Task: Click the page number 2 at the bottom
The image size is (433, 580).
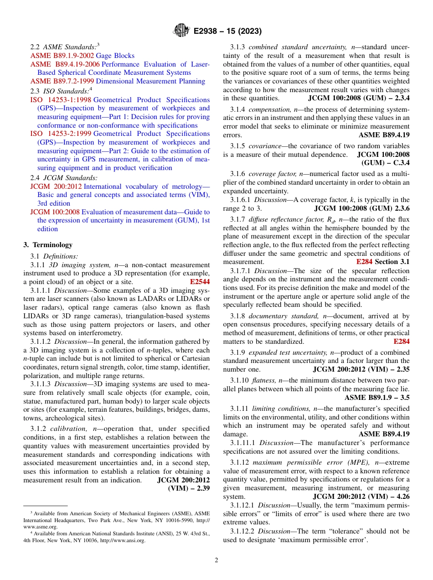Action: pos(216,560)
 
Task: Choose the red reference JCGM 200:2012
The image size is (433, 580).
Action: pos(56,186)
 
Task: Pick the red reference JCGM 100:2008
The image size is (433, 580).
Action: pos(55,212)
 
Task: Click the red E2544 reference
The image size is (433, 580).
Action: pos(200,282)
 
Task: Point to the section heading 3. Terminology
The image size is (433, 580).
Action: pos(48,245)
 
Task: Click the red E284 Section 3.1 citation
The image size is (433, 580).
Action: pos(383,262)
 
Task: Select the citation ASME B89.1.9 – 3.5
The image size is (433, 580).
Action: pos(377,398)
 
